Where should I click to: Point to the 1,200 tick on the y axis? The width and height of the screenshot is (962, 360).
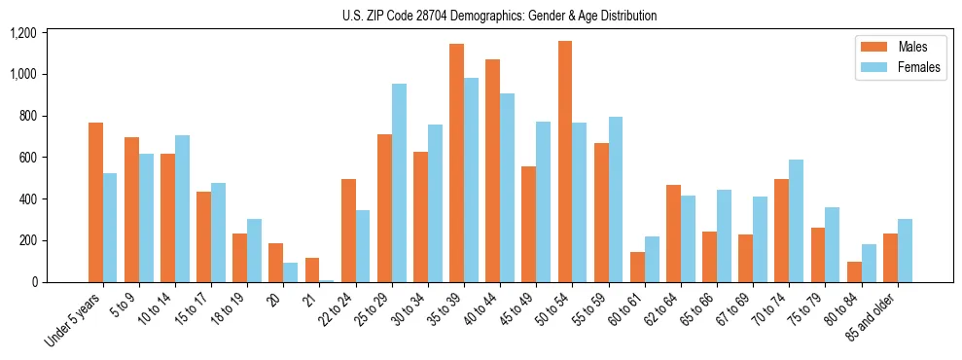(x=22, y=33)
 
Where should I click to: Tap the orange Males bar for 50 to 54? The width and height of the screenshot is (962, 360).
(x=565, y=162)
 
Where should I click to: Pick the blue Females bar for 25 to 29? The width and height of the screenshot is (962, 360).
(x=399, y=183)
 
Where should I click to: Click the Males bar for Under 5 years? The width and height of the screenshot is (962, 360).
(x=95, y=202)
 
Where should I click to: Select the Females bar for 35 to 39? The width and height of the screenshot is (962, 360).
(x=472, y=180)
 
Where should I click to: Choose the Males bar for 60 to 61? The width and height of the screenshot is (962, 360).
(x=637, y=268)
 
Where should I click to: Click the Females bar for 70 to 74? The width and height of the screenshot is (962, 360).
(x=796, y=221)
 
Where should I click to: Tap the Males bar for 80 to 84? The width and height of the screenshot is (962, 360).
(x=854, y=272)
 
